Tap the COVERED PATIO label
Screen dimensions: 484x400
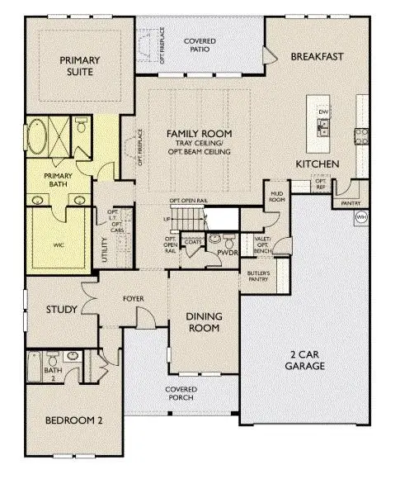pyautogui.click(x=200, y=45)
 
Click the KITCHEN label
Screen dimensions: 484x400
pyautogui.click(x=317, y=165)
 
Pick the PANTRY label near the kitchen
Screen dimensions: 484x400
pyautogui.click(x=350, y=202)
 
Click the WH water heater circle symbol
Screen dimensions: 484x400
pyautogui.click(x=360, y=217)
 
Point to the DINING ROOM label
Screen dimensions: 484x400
pyautogui.click(x=203, y=321)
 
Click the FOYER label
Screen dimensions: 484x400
pyautogui.click(x=134, y=298)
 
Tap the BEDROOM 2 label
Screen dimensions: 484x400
pyautogui.click(x=73, y=420)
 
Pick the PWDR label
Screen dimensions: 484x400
pyautogui.click(x=226, y=253)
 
